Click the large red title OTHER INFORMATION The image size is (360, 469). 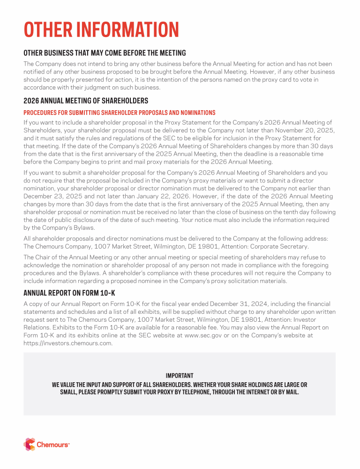(101, 30)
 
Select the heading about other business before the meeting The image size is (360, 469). (105, 53)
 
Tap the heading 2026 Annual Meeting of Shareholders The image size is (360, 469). (86, 101)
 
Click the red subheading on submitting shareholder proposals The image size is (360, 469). (120, 113)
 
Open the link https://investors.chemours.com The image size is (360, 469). (68, 343)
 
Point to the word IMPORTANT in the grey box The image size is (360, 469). (180, 376)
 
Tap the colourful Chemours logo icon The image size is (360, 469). (29, 444)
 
